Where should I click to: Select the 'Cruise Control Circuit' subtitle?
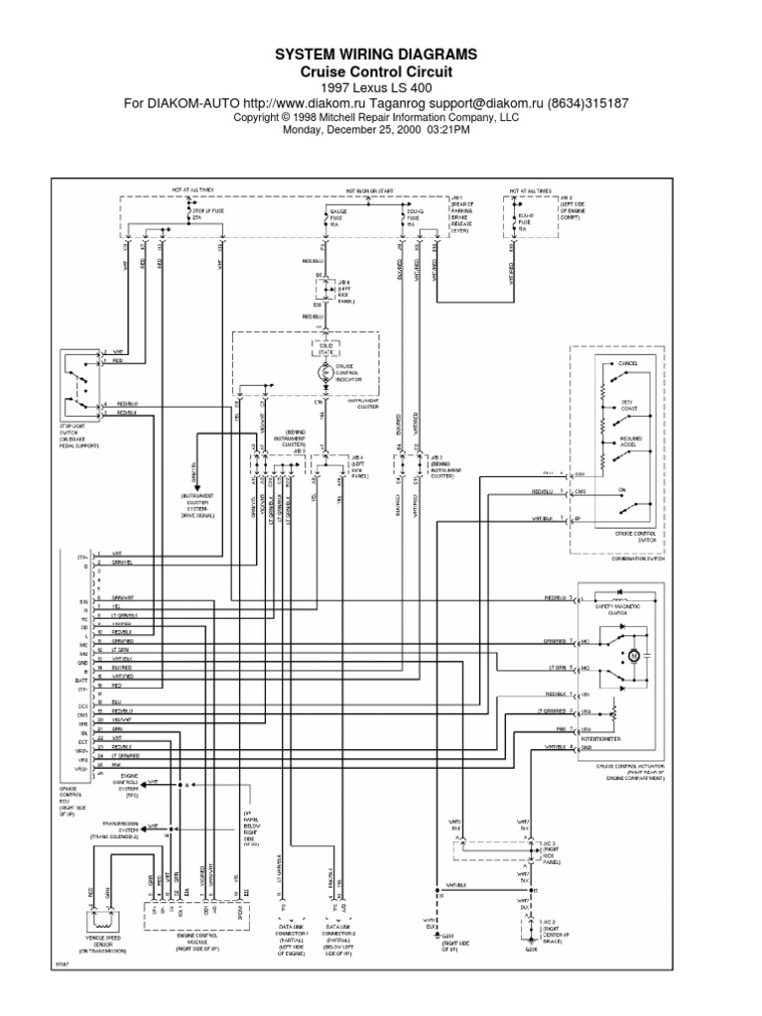pyautogui.click(x=382, y=71)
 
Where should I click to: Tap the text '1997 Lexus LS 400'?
pyautogui.click(x=382, y=87)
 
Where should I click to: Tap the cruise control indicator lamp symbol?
pyautogui.click(x=324, y=372)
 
